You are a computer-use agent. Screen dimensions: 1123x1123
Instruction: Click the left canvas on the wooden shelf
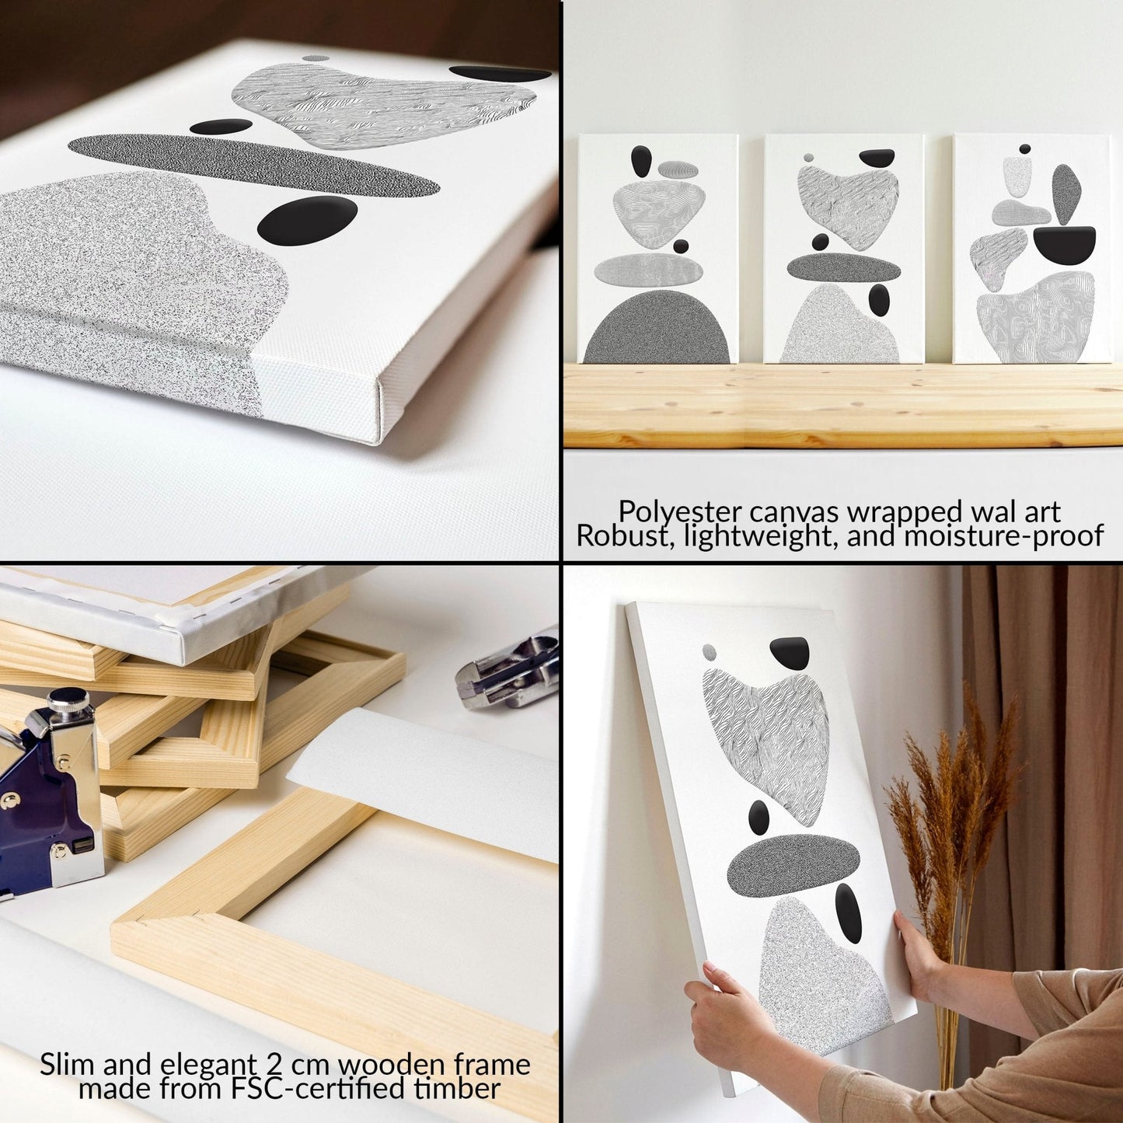(657, 249)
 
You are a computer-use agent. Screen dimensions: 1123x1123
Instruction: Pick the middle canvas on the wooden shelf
(844, 249)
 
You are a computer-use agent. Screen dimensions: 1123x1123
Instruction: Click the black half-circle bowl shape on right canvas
(1064, 242)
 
